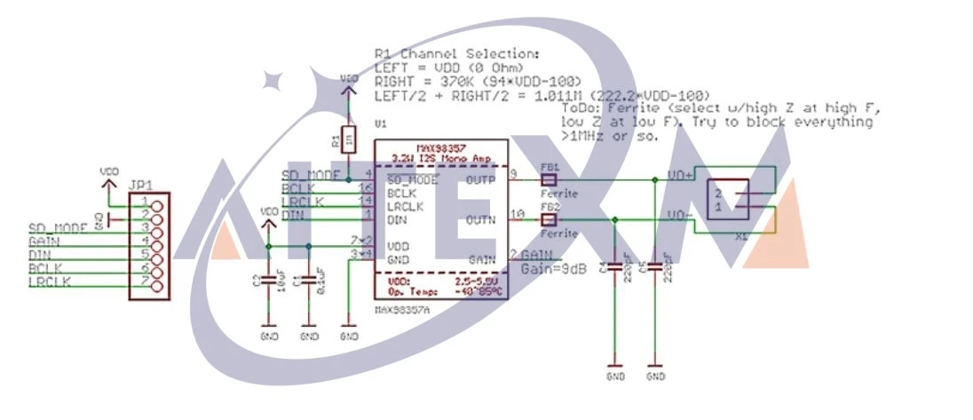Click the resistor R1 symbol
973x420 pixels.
coord(351,139)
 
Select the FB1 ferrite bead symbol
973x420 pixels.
coord(548,179)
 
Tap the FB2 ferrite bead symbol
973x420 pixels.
coord(548,218)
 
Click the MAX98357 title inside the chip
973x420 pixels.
coord(440,149)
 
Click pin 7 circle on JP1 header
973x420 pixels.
coord(158,285)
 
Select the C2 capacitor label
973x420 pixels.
coord(256,281)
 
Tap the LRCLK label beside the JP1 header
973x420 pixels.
coord(50,281)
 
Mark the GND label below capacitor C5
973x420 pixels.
coord(655,376)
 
